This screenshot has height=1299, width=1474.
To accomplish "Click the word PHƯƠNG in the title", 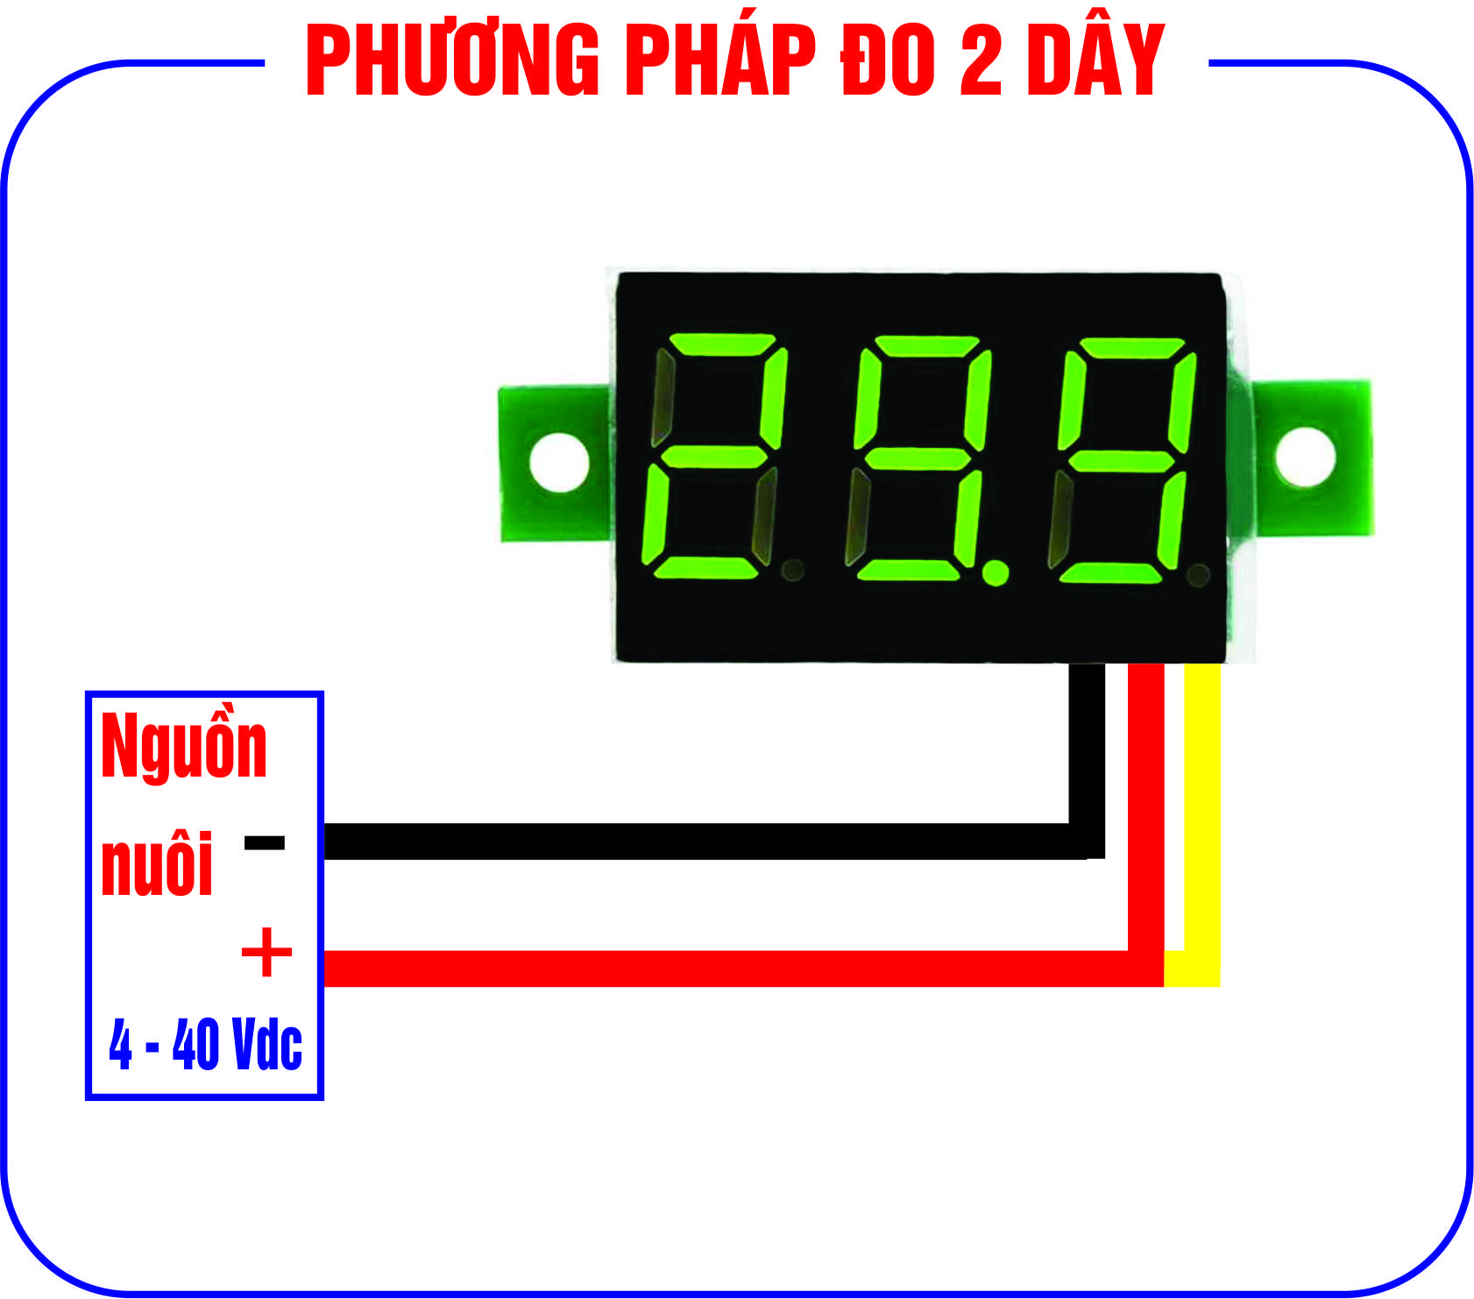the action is tap(452, 60).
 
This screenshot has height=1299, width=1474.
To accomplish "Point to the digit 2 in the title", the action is tap(981, 60).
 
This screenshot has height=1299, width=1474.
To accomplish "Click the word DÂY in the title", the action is tap(1095, 60).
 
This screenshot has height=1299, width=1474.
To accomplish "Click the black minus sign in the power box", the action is tap(265, 843).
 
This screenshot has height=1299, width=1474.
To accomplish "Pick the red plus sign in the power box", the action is tap(266, 952).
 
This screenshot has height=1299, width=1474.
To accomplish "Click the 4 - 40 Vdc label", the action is tap(205, 1044).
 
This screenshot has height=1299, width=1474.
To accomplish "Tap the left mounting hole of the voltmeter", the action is tap(559, 461).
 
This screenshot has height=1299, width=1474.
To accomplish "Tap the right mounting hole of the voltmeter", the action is tap(1305, 456).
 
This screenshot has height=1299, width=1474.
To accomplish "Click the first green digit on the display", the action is tap(714, 456).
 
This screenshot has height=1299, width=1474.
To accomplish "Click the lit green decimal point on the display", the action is tap(996, 572).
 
